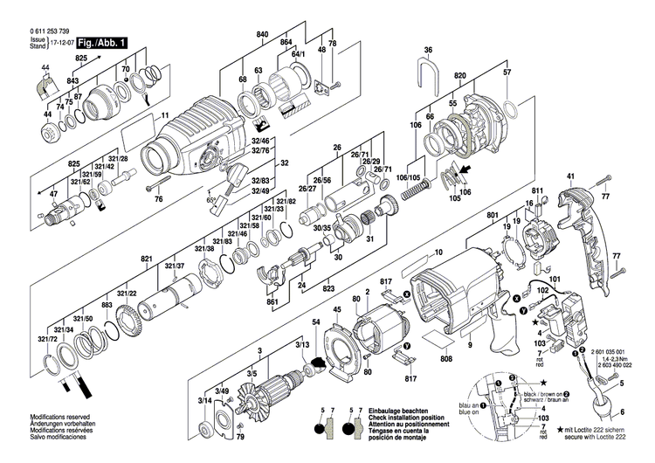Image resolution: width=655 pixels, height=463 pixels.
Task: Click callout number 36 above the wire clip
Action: pyautogui.click(x=428, y=51)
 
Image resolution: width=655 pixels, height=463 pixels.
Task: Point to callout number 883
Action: pyautogui.click(x=107, y=305)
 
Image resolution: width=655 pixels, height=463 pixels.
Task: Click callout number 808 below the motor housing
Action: pyautogui.click(x=446, y=359)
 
